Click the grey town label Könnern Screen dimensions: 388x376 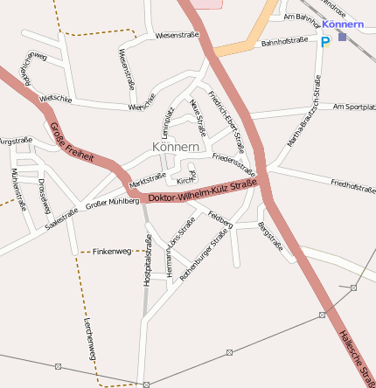click(x=176, y=147)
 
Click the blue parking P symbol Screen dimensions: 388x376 click(x=325, y=41)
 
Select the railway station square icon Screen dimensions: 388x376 click(x=342, y=37)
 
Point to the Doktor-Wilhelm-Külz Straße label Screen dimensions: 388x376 click(x=202, y=191)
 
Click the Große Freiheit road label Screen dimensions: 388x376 click(x=69, y=143)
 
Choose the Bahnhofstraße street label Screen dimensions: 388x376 click(x=284, y=41)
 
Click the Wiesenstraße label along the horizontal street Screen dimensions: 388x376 click(x=177, y=36)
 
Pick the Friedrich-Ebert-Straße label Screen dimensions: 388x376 click(x=226, y=121)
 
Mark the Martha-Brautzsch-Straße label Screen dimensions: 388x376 click(x=303, y=110)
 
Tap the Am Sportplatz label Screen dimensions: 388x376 click(x=354, y=107)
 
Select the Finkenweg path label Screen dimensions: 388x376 click(x=111, y=251)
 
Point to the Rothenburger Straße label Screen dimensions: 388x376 click(x=204, y=253)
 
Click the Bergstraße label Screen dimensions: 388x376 click(x=270, y=237)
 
